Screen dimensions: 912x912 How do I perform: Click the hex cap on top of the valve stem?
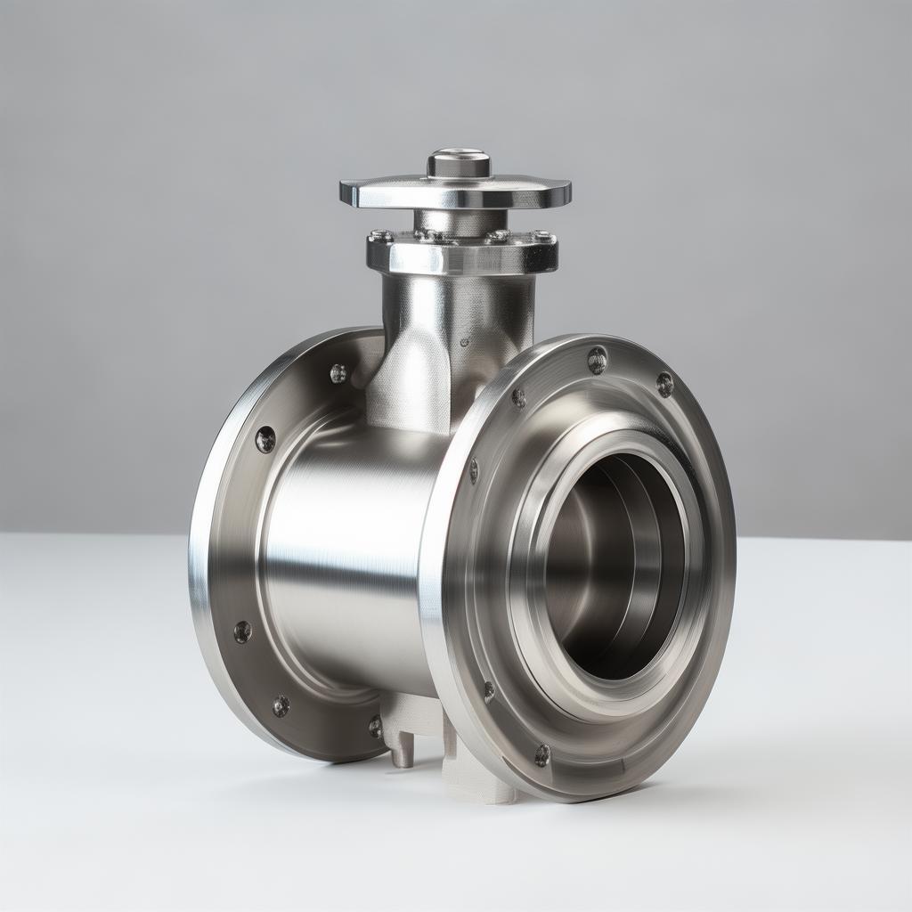(459, 164)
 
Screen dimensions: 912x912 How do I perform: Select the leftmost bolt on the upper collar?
(381, 236)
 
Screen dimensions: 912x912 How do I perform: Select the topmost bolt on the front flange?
(597, 360)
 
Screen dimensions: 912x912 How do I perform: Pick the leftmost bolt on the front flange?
(474, 470)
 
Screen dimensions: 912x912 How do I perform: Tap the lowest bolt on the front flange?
(541, 755)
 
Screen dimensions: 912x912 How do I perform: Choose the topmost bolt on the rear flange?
(338, 373)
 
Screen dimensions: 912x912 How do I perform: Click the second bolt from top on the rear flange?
(265, 438)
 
